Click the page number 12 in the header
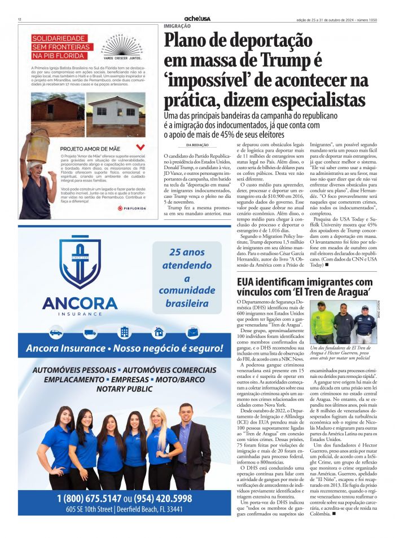19,19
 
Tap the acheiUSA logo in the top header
197,19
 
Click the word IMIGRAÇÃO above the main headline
177,26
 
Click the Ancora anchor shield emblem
80,263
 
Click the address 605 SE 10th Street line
124,509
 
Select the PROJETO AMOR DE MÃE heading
90,149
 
